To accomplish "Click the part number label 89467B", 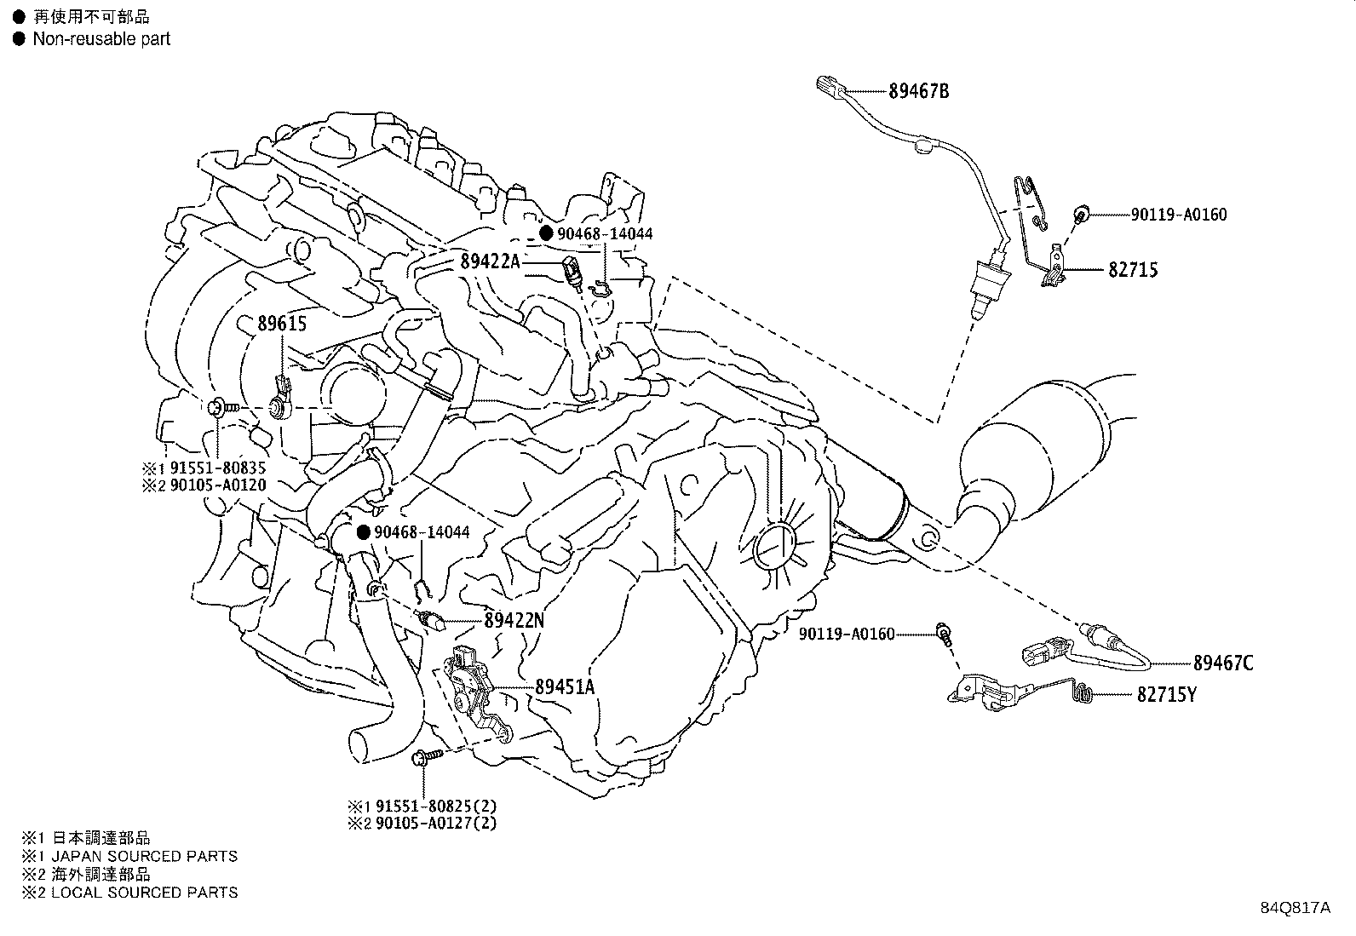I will [918, 91].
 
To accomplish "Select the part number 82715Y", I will [1166, 695].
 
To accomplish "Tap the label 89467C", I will [1222, 663].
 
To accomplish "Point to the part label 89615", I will [282, 324].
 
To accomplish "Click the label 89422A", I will [490, 261].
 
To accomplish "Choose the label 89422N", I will [514, 621].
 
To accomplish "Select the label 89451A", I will [565, 686].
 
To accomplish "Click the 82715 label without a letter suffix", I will [1133, 270].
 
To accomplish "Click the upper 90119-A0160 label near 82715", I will [1179, 215].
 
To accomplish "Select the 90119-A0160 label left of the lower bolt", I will [847, 634].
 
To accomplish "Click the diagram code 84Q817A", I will [1295, 907].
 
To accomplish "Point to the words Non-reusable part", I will [101, 38].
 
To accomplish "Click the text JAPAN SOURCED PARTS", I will [144, 856].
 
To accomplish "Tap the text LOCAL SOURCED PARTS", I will [144, 893].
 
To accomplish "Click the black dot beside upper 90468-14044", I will [546, 233].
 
